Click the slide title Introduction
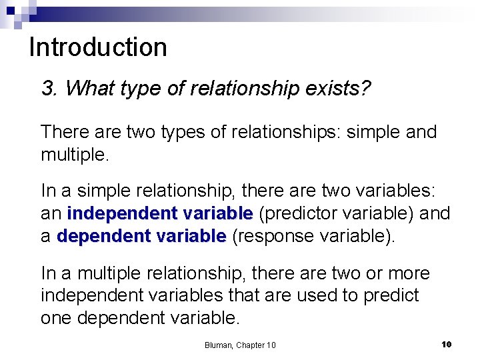pos(98,47)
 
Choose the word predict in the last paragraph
pos(391,295)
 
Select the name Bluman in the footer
pos(219,345)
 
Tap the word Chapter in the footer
pos(251,345)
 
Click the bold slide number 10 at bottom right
pos(446,344)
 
